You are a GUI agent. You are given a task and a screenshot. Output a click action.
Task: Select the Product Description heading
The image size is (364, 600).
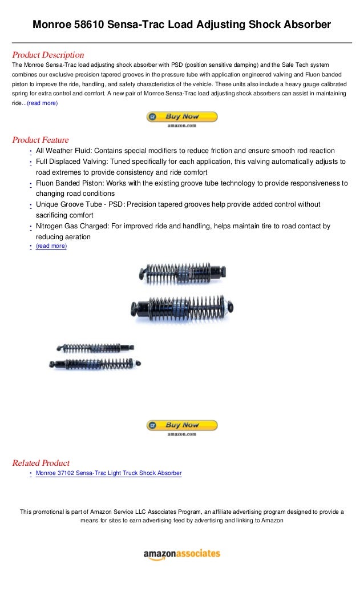pos(48,55)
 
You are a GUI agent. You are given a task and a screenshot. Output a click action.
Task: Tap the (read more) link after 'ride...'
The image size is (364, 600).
pos(42,103)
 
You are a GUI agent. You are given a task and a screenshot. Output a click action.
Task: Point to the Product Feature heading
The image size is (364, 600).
pos(40,140)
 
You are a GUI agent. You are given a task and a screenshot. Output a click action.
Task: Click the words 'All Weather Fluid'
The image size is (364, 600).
pos(63,151)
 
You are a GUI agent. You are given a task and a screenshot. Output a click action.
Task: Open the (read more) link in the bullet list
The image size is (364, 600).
pos(51,246)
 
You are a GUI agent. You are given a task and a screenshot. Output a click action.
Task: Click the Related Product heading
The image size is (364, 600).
pos(41,463)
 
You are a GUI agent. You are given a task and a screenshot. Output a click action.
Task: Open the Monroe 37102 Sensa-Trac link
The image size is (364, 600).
pos(108,473)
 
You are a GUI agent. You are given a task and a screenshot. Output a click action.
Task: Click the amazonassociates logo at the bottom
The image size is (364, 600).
pos(181,554)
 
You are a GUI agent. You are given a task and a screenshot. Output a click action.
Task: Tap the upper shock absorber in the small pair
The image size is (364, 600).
pos(95,347)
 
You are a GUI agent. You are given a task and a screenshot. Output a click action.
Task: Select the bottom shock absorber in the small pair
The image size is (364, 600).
pos(95,364)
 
